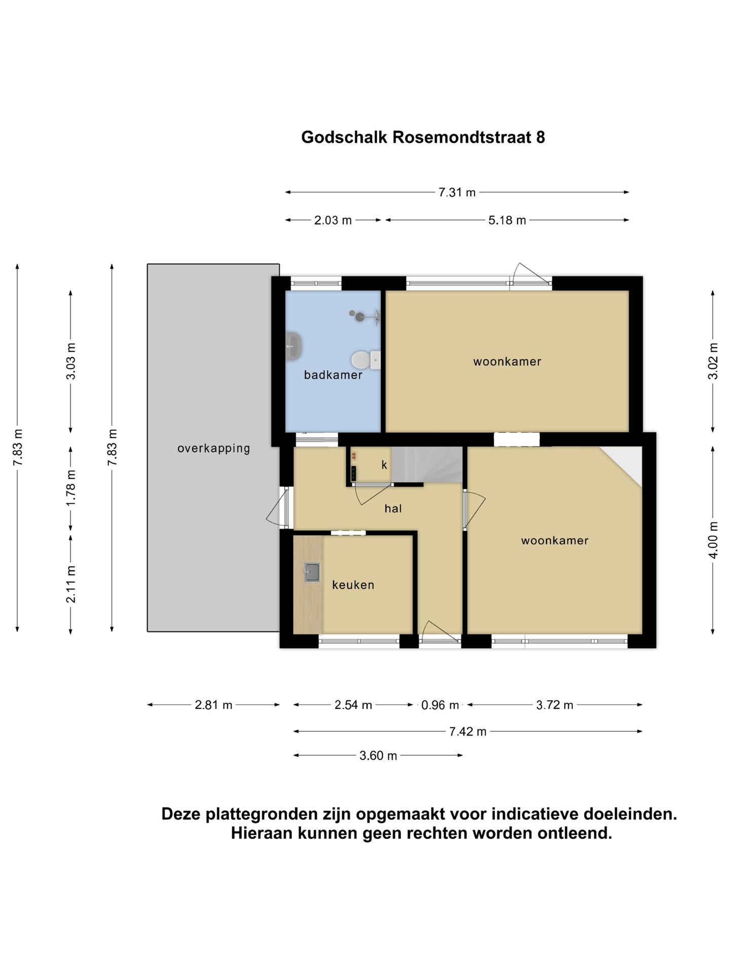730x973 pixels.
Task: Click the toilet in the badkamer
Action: pos(361,360)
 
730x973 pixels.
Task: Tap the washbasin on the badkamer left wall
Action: pos(293,346)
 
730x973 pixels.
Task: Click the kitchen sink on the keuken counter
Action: pos(312,572)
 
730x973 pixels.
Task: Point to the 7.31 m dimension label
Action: pos(457,193)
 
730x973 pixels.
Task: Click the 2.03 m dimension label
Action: pos(333,220)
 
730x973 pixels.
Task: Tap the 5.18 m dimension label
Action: pos(507,220)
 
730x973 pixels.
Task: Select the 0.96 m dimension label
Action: pos(440,705)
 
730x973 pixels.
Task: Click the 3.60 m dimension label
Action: pos(378,756)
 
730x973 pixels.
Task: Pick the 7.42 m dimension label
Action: pos(467,731)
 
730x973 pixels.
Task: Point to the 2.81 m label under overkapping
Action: pos(213,705)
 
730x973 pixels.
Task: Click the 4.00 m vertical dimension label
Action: pos(713,540)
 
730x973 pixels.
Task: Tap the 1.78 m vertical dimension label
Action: pos(71,487)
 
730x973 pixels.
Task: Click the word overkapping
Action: pos(213,448)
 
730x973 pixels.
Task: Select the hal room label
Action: pos(393,509)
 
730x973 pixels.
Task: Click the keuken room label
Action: pos(353,585)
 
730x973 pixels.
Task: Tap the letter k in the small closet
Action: pos(384,465)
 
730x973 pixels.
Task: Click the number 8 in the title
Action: pos(540,137)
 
